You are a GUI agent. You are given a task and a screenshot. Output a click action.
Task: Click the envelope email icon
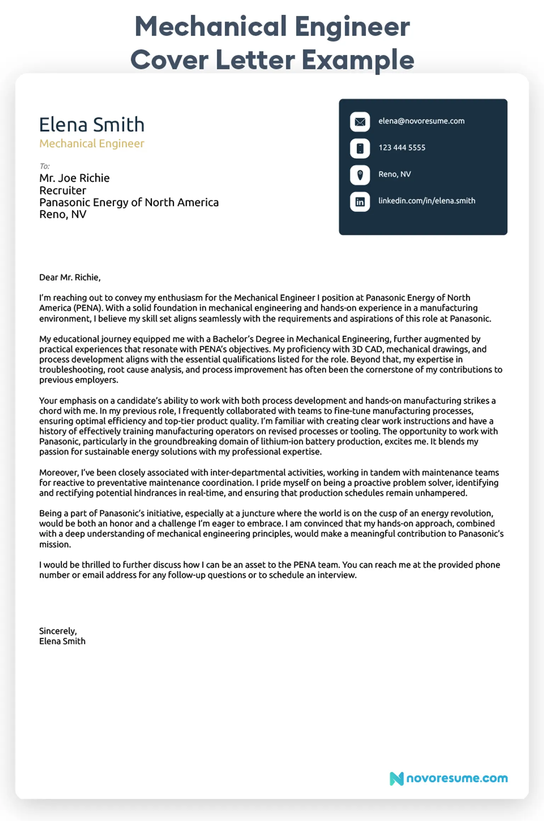click(360, 122)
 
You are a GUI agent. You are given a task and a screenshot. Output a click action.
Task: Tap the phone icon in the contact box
click(360, 148)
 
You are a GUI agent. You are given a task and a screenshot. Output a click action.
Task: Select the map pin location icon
click(360, 175)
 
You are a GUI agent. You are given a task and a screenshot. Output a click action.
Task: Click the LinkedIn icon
click(360, 202)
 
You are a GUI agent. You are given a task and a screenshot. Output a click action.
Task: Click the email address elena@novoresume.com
click(421, 121)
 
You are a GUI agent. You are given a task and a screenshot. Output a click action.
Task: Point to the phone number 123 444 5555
click(402, 148)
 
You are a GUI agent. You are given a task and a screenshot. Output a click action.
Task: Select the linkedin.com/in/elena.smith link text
click(426, 201)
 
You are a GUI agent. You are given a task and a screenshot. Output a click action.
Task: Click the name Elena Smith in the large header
click(92, 125)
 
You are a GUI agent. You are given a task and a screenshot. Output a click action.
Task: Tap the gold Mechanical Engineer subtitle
click(92, 143)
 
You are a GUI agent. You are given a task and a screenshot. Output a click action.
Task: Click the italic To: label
click(45, 166)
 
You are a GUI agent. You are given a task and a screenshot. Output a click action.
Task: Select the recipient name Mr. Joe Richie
click(74, 178)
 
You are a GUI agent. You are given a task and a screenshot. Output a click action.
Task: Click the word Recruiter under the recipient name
click(63, 190)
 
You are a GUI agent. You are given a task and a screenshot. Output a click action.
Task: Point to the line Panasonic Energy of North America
click(129, 203)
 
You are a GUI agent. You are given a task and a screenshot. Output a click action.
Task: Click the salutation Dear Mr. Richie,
click(70, 277)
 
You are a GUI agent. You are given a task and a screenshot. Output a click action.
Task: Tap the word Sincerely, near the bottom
click(58, 631)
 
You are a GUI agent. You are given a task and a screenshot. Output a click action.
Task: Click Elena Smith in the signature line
click(62, 641)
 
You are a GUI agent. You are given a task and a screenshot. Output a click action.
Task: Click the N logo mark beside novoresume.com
click(396, 779)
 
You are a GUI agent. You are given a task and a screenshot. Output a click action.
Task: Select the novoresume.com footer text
click(457, 778)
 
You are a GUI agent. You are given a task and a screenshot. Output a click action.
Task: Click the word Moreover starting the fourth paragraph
click(58, 473)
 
